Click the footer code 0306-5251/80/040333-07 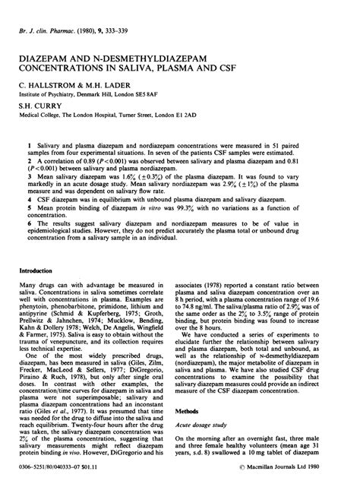click(50, 476)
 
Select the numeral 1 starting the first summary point click(27, 144)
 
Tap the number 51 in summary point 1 click(298, 144)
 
